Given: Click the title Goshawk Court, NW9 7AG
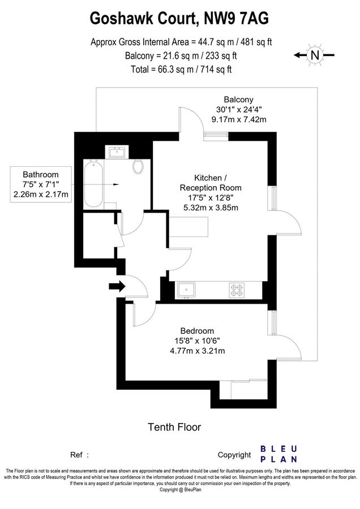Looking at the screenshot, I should [179, 20].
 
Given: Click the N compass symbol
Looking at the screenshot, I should [314, 55].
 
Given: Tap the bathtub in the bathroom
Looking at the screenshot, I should [93, 184].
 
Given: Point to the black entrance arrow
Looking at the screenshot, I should [117, 287].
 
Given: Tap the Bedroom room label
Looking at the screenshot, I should [197, 331].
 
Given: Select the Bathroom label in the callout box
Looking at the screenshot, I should [40, 175].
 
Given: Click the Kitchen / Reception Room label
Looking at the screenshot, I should [211, 182].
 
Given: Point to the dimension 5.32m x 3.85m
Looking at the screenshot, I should [211, 208].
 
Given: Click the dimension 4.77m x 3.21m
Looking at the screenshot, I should [198, 351].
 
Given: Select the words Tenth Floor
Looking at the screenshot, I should [174, 427].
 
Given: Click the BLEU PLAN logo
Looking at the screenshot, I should [279, 454].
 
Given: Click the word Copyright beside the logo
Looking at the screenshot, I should [234, 455].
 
